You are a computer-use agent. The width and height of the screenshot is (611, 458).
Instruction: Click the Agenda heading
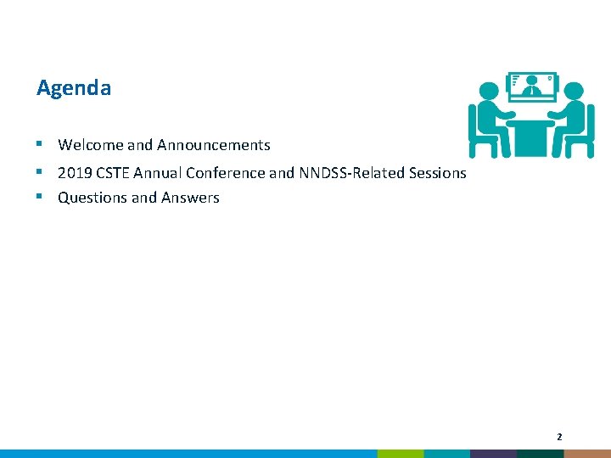74,88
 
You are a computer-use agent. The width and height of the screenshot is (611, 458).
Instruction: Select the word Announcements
213,145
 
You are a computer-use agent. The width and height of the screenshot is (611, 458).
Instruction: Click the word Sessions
434,173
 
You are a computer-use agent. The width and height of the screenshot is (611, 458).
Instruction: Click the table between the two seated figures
530,127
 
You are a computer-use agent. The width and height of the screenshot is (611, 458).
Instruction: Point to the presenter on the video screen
531,86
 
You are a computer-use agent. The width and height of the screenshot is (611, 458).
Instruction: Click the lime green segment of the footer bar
400,454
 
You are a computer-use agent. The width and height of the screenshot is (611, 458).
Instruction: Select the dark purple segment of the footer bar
493,454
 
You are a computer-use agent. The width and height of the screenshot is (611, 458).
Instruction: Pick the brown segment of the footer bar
587,454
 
